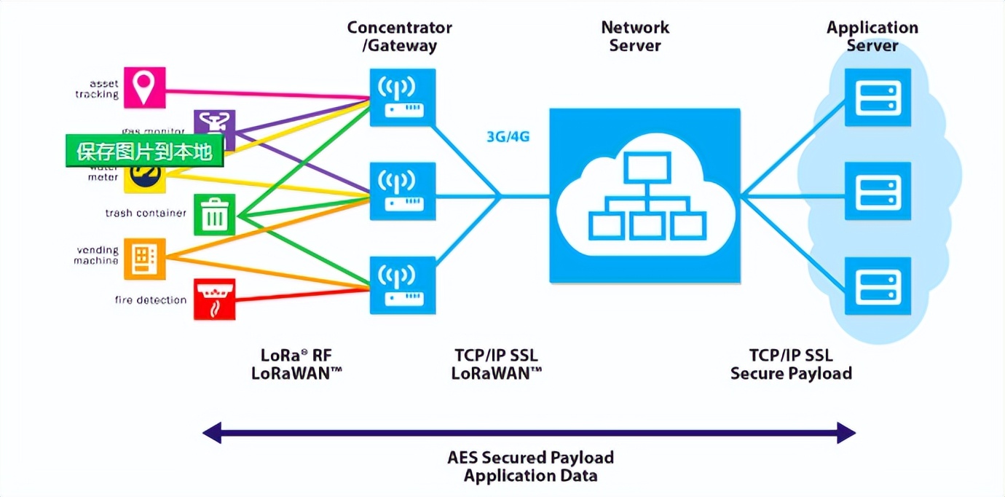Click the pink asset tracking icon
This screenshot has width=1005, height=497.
(144, 87)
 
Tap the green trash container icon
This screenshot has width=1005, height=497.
(215, 214)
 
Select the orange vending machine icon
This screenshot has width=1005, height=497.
(144, 259)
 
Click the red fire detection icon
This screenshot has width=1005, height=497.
(215, 299)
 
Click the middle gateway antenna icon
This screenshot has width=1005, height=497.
(402, 190)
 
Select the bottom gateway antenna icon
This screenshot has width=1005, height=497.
(402, 284)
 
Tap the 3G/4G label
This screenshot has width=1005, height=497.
(508, 136)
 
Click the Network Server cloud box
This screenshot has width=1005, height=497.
(645, 195)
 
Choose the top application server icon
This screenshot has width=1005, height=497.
(878, 97)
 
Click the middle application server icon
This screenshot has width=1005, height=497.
(878, 190)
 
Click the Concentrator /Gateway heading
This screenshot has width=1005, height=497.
(399, 36)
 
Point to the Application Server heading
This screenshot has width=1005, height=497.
(872, 36)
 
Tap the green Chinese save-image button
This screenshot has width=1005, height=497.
(144, 152)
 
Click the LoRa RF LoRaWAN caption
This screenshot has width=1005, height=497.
(296, 364)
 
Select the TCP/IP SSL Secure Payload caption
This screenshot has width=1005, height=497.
(791, 364)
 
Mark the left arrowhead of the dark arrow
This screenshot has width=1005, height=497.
(211, 433)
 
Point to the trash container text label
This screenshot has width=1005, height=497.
(146, 214)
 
